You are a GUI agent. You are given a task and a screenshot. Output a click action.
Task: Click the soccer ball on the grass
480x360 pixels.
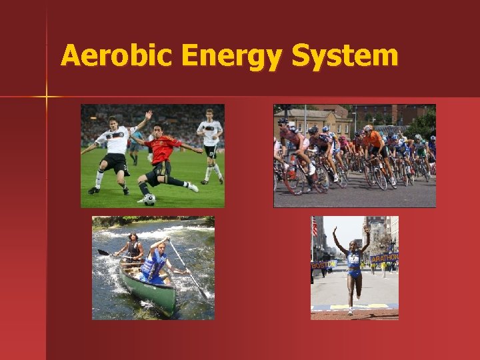(149, 199)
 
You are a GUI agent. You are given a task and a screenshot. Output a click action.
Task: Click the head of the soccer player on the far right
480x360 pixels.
(210, 114)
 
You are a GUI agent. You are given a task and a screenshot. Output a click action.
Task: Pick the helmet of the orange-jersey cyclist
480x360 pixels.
(368, 127)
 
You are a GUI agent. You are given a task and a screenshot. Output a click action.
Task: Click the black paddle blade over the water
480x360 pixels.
(103, 253)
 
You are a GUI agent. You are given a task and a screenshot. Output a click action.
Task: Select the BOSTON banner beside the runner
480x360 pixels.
(321, 265)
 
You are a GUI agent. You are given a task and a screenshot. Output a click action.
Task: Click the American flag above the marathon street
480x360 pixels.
(315, 229)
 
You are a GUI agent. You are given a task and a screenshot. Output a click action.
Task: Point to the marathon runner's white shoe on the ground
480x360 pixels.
(350, 311)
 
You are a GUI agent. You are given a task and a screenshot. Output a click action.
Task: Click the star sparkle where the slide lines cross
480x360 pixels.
(46, 97)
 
